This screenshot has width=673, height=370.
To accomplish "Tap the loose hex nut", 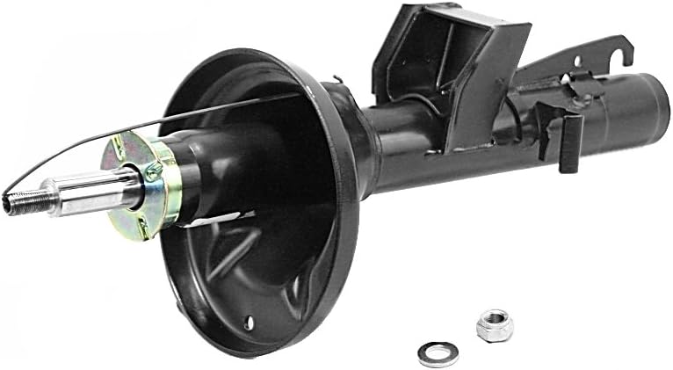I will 494,326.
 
